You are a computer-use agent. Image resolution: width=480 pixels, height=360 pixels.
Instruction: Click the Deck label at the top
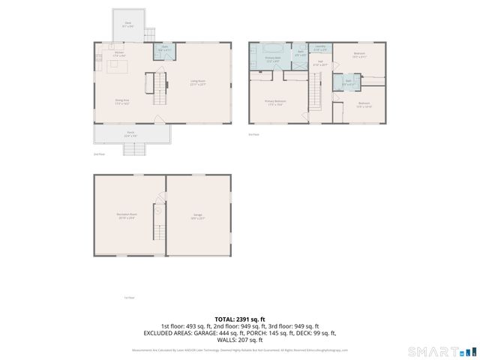pos(128,23)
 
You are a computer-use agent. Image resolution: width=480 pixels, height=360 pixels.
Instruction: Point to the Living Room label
pos(198,83)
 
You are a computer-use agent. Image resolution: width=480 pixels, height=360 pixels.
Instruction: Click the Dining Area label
pos(122,103)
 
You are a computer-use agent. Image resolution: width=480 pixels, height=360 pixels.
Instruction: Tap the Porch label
pos(130,134)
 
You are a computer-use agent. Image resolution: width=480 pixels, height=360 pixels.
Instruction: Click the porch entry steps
pos(133,148)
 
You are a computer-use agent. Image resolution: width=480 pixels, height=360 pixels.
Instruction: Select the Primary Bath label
pos(272,58)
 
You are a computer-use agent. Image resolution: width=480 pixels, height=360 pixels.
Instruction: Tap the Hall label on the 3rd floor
pos(320,63)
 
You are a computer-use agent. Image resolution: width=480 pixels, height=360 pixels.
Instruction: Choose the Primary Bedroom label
pos(274,103)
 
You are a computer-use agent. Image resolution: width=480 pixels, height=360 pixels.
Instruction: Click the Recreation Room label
pos(125,217)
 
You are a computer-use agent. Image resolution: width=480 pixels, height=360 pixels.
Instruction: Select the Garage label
pos(198,217)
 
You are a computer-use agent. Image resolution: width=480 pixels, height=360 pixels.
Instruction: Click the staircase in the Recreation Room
pos(158,213)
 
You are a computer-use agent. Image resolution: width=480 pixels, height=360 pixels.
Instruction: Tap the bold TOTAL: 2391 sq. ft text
pos(240,319)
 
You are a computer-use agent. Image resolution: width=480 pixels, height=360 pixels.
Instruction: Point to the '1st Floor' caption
pos(129,298)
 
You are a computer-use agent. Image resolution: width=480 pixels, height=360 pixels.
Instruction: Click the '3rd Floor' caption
pos(253,134)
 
